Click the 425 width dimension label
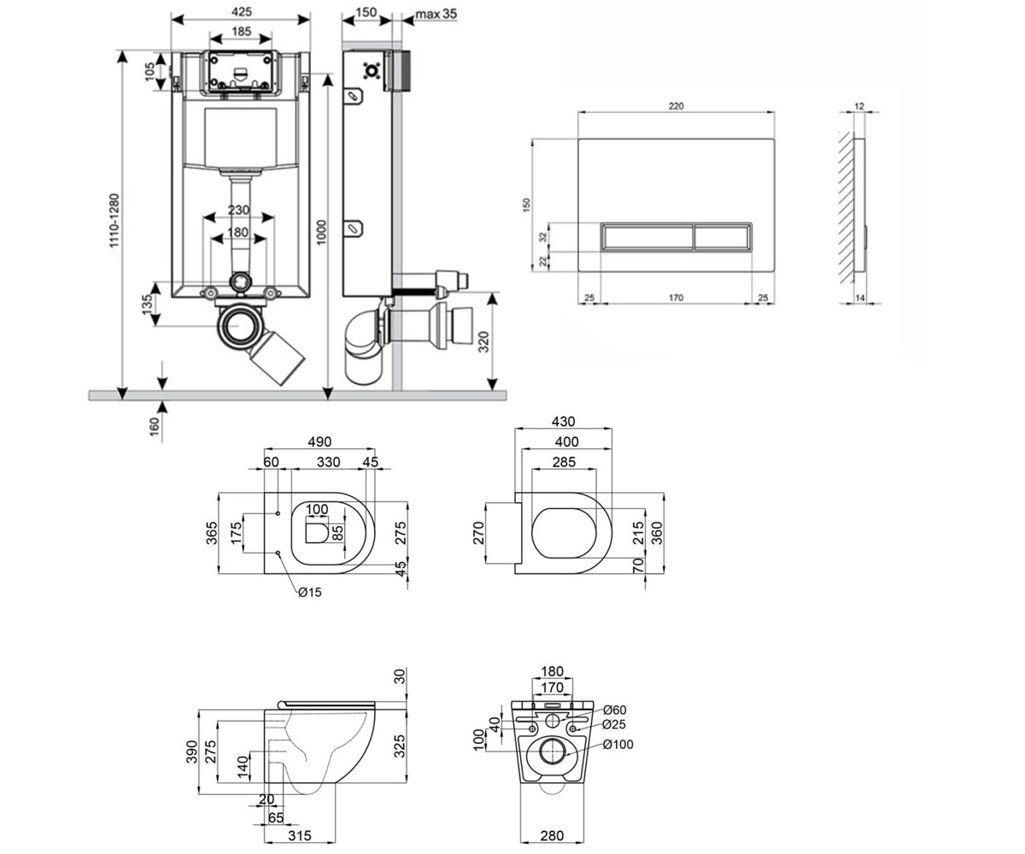241,11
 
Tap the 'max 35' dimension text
436,14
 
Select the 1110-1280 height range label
114,221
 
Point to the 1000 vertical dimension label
321,232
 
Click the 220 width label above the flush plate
676,106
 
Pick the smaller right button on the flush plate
722,237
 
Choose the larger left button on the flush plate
647,237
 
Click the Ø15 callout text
310,593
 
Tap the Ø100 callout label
618,745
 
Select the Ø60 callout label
615,710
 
